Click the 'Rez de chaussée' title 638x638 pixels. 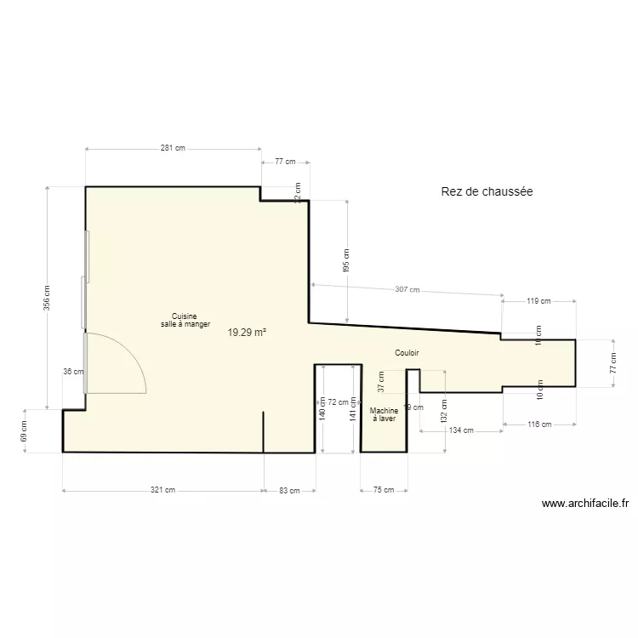pyautogui.click(x=487, y=192)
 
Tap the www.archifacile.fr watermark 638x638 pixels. pyautogui.click(x=585, y=504)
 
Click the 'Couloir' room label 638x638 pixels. pyautogui.click(x=407, y=352)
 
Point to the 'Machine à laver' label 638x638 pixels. pyautogui.click(x=384, y=414)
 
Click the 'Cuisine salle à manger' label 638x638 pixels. pyautogui.click(x=185, y=320)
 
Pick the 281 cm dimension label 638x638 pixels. pyautogui.click(x=173, y=148)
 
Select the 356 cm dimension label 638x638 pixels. pyautogui.click(x=47, y=297)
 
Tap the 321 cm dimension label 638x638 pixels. pyautogui.click(x=162, y=490)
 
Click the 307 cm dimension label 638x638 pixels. pyautogui.click(x=407, y=289)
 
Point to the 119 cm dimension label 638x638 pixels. pyautogui.click(x=538, y=300)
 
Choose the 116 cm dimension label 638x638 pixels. pyautogui.click(x=538, y=424)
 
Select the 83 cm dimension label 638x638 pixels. pyautogui.click(x=289, y=490)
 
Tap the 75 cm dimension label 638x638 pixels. pyautogui.click(x=384, y=490)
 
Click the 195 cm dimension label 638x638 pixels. pyautogui.click(x=346, y=260)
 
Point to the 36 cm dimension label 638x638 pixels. pyautogui.click(x=74, y=371)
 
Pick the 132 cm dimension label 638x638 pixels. pyautogui.click(x=444, y=412)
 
